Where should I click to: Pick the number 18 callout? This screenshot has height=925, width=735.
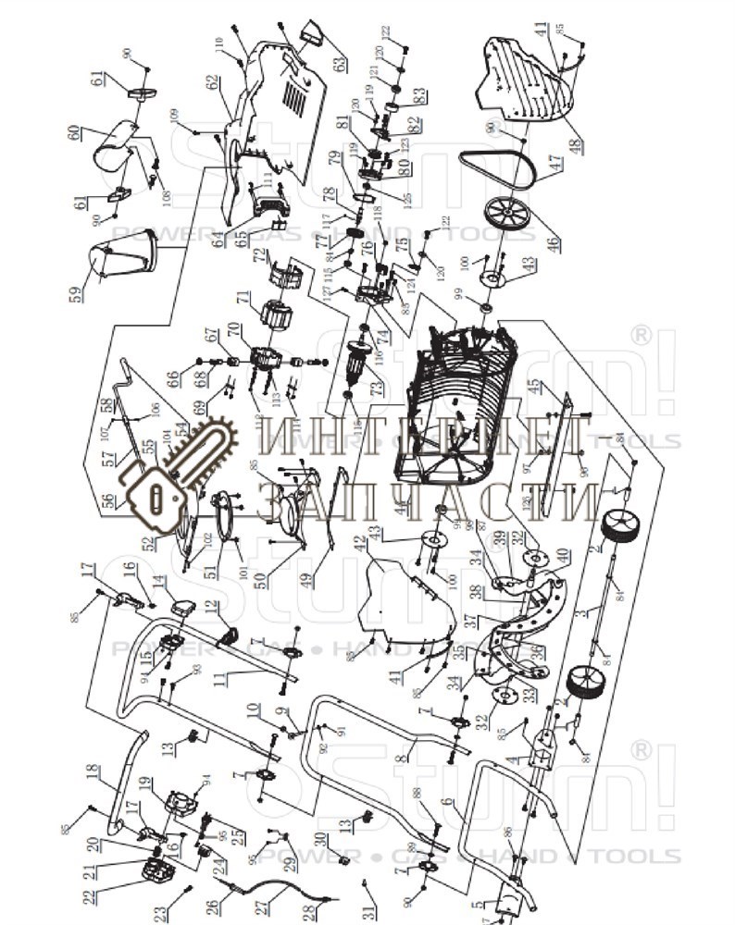pos(92,773)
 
